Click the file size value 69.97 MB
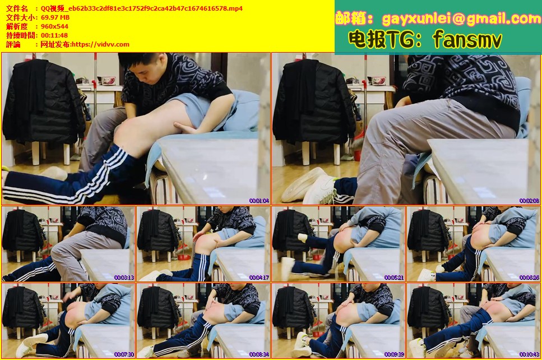(x=55, y=17)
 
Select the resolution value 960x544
(x=54, y=26)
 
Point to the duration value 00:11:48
(x=54, y=35)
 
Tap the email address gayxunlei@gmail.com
(x=461, y=19)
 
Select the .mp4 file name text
(x=142, y=8)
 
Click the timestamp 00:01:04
(x=259, y=201)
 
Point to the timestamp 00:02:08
(x=529, y=201)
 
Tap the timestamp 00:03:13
(x=124, y=278)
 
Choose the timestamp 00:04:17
(x=259, y=278)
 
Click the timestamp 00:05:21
(x=394, y=278)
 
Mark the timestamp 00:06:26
(x=529, y=278)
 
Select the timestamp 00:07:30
(x=124, y=354)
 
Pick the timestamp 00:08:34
(x=259, y=354)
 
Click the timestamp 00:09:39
(x=394, y=354)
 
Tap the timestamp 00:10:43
(x=529, y=354)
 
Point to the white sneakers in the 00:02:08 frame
(x=308, y=187)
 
